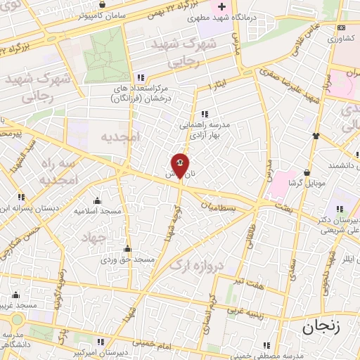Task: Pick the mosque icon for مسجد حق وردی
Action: (127, 249)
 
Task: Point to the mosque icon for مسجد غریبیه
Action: (16, 295)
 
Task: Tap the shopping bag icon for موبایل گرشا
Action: (307, 172)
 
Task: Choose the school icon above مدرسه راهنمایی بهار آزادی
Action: (205, 113)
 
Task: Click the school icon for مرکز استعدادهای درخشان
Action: (141, 77)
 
